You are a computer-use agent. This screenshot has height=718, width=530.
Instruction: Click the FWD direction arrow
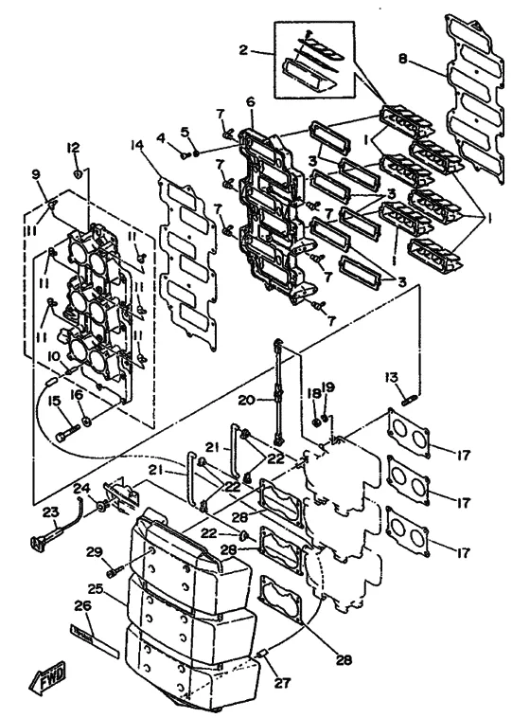pyautogui.click(x=46, y=676)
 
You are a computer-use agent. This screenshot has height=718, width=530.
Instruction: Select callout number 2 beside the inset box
pyautogui.click(x=244, y=50)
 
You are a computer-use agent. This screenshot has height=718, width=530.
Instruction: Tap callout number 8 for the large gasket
pyautogui.click(x=403, y=60)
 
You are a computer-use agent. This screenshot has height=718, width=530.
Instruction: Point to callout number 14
pyautogui.click(x=137, y=145)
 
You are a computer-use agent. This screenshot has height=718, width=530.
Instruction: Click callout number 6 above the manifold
pyautogui.click(x=251, y=101)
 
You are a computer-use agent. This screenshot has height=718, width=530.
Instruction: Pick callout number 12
pyautogui.click(x=73, y=148)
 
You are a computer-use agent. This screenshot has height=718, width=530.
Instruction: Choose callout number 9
pyautogui.click(x=36, y=174)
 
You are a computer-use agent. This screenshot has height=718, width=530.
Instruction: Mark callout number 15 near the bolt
pyautogui.click(x=54, y=402)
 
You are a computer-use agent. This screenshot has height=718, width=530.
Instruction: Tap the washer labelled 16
pyautogui.click(x=85, y=421)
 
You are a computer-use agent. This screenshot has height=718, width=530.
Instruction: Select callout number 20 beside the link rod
pyautogui.click(x=246, y=401)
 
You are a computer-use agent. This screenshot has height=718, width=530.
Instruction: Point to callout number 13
pyautogui.click(x=391, y=377)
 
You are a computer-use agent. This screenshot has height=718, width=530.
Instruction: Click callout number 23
pyautogui.click(x=51, y=512)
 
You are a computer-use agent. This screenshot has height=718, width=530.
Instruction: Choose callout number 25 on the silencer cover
pyautogui.click(x=97, y=589)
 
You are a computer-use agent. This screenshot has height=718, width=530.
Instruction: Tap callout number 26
pyautogui.click(x=83, y=606)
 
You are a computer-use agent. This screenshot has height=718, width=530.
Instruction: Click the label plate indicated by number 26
pyautogui.click(x=95, y=639)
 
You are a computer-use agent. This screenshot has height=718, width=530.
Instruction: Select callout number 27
pyautogui.click(x=282, y=683)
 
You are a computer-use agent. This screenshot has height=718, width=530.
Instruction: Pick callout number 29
pyautogui.click(x=95, y=552)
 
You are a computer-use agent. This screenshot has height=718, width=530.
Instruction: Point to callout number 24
pyautogui.click(x=82, y=489)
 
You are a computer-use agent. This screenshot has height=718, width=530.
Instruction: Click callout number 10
pyautogui.click(x=55, y=356)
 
